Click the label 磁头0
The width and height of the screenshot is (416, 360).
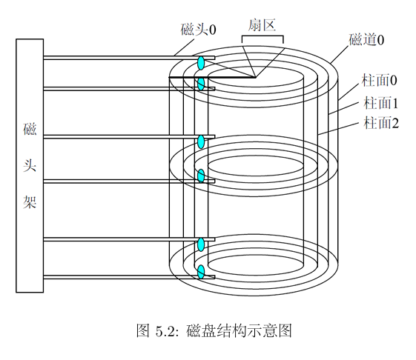[199, 30]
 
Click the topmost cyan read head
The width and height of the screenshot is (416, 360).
[201, 61]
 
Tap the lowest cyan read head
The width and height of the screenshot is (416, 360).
[200, 272]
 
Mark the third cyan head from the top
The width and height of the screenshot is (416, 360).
[200, 141]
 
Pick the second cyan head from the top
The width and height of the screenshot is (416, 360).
[200, 84]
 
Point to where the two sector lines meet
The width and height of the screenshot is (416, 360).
[254, 77]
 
